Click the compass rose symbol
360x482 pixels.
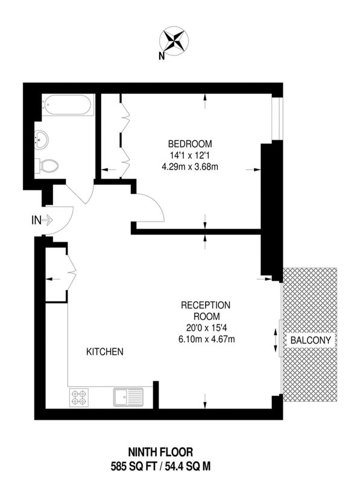click(x=174, y=40)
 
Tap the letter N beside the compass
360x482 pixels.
click(x=161, y=56)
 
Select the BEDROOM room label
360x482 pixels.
click(x=190, y=143)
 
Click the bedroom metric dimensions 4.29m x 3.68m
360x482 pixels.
click(x=190, y=167)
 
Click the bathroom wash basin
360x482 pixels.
click(x=41, y=140)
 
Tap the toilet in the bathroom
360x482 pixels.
click(x=46, y=166)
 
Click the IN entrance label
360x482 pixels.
click(x=36, y=220)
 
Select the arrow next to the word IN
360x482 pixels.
click(x=47, y=220)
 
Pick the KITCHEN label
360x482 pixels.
click(x=104, y=352)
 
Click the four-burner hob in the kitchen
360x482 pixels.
click(x=79, y=398)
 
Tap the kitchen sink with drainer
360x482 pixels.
click(x=128, y=397)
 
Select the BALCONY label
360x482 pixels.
click(x=311, y=340)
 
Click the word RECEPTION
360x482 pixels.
click(x=206, y=305)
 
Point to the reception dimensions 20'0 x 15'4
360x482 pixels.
click(x=206, y=328)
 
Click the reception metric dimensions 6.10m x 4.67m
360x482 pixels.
click(x=207, y=339)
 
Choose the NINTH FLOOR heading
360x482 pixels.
click(x=160, y=452)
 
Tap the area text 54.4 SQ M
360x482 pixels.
click(x=188, y=466)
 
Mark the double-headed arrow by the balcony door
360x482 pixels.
click(x=276, y=340)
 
